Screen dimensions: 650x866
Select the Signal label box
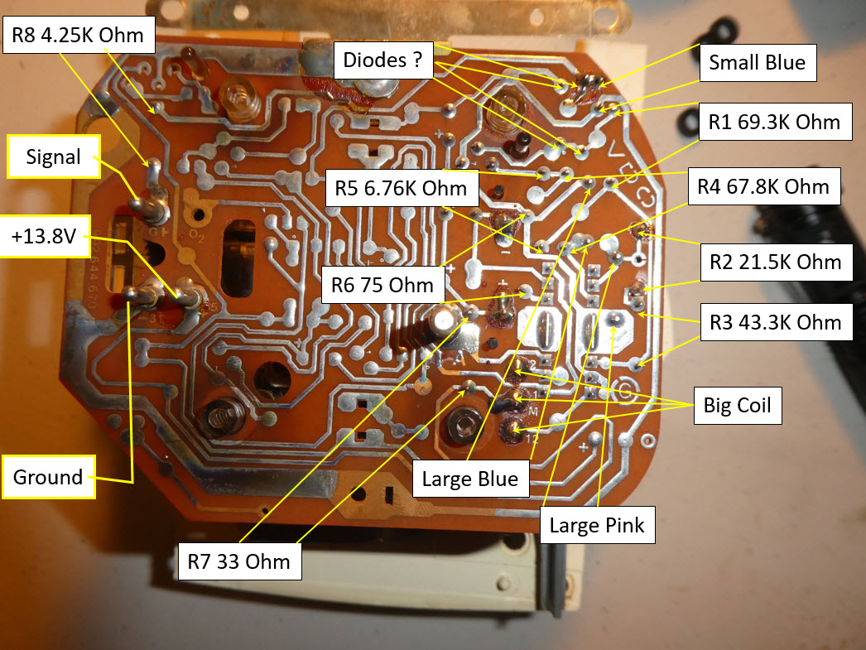pyautogui.click(x=53, y=156)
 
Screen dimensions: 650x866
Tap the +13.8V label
pyautogui.click(x=46, y=238)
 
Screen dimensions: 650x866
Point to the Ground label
pyautogui.click(x=48, y=477)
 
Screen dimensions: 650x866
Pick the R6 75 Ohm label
pyautogui.click(x=379, y=286)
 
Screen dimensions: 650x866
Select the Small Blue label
pyautogui.click(x=757, y=62)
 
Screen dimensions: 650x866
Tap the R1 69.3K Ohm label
pyautogui.click(x=774, y=123)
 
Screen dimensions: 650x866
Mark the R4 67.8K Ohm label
pyautogui.click(x=766, y=186)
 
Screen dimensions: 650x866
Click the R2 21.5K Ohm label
pyautogui.click(x=775, y=262)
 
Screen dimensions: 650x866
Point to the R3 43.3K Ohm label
pyautogui.click(x=775, y=322)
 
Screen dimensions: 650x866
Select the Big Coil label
pyautogui.click(x=737, y=406)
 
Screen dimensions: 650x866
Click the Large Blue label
pyautogui.click(x=470, y=478)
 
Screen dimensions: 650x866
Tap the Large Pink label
pyautogui.click(x=596, y=524)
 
